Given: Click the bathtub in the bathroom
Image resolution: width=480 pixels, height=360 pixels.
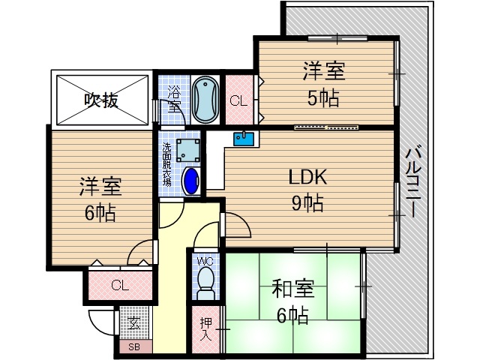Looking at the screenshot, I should point(204,99).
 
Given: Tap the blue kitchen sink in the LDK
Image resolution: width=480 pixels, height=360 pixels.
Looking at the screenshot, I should point(244,139).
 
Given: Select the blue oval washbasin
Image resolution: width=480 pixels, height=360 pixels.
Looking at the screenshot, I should point(192,181).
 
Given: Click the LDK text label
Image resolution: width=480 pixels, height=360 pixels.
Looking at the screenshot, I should point(307,178).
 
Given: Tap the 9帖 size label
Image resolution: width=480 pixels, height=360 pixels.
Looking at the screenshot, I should point(307,202).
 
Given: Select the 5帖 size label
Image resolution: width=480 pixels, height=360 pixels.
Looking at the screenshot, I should point(323,97).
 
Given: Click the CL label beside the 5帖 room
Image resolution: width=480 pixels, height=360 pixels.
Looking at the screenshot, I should point(239,100).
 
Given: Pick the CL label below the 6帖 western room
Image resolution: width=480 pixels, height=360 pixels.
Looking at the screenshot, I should point(119,285).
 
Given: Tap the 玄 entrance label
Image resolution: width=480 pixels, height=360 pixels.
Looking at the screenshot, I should point(134,324).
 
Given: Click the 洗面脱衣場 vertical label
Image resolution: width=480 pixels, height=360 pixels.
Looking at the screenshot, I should point(167,165).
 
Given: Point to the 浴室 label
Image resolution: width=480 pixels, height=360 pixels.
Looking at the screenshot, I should point(174,98).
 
